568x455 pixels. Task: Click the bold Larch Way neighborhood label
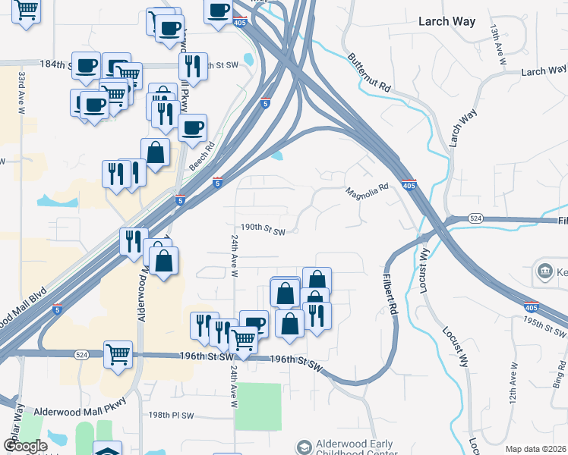tap(447, 22)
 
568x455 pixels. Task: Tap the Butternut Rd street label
tap(369, 73)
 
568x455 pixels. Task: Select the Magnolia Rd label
tap(368, 190)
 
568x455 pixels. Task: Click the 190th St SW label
tap(263, 227)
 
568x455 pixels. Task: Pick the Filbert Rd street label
tap(390, 294)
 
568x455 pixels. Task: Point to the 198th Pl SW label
tap(172, 416)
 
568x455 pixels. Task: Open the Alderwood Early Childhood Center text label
tap(355, 448)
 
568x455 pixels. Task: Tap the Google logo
tap(25, 446)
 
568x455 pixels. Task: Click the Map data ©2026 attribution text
tap(535, 449)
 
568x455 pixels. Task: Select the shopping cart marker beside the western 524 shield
tap(118, 353)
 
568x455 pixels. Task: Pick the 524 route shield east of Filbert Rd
tap(475, 218)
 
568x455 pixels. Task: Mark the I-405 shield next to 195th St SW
tap(532, 307)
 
